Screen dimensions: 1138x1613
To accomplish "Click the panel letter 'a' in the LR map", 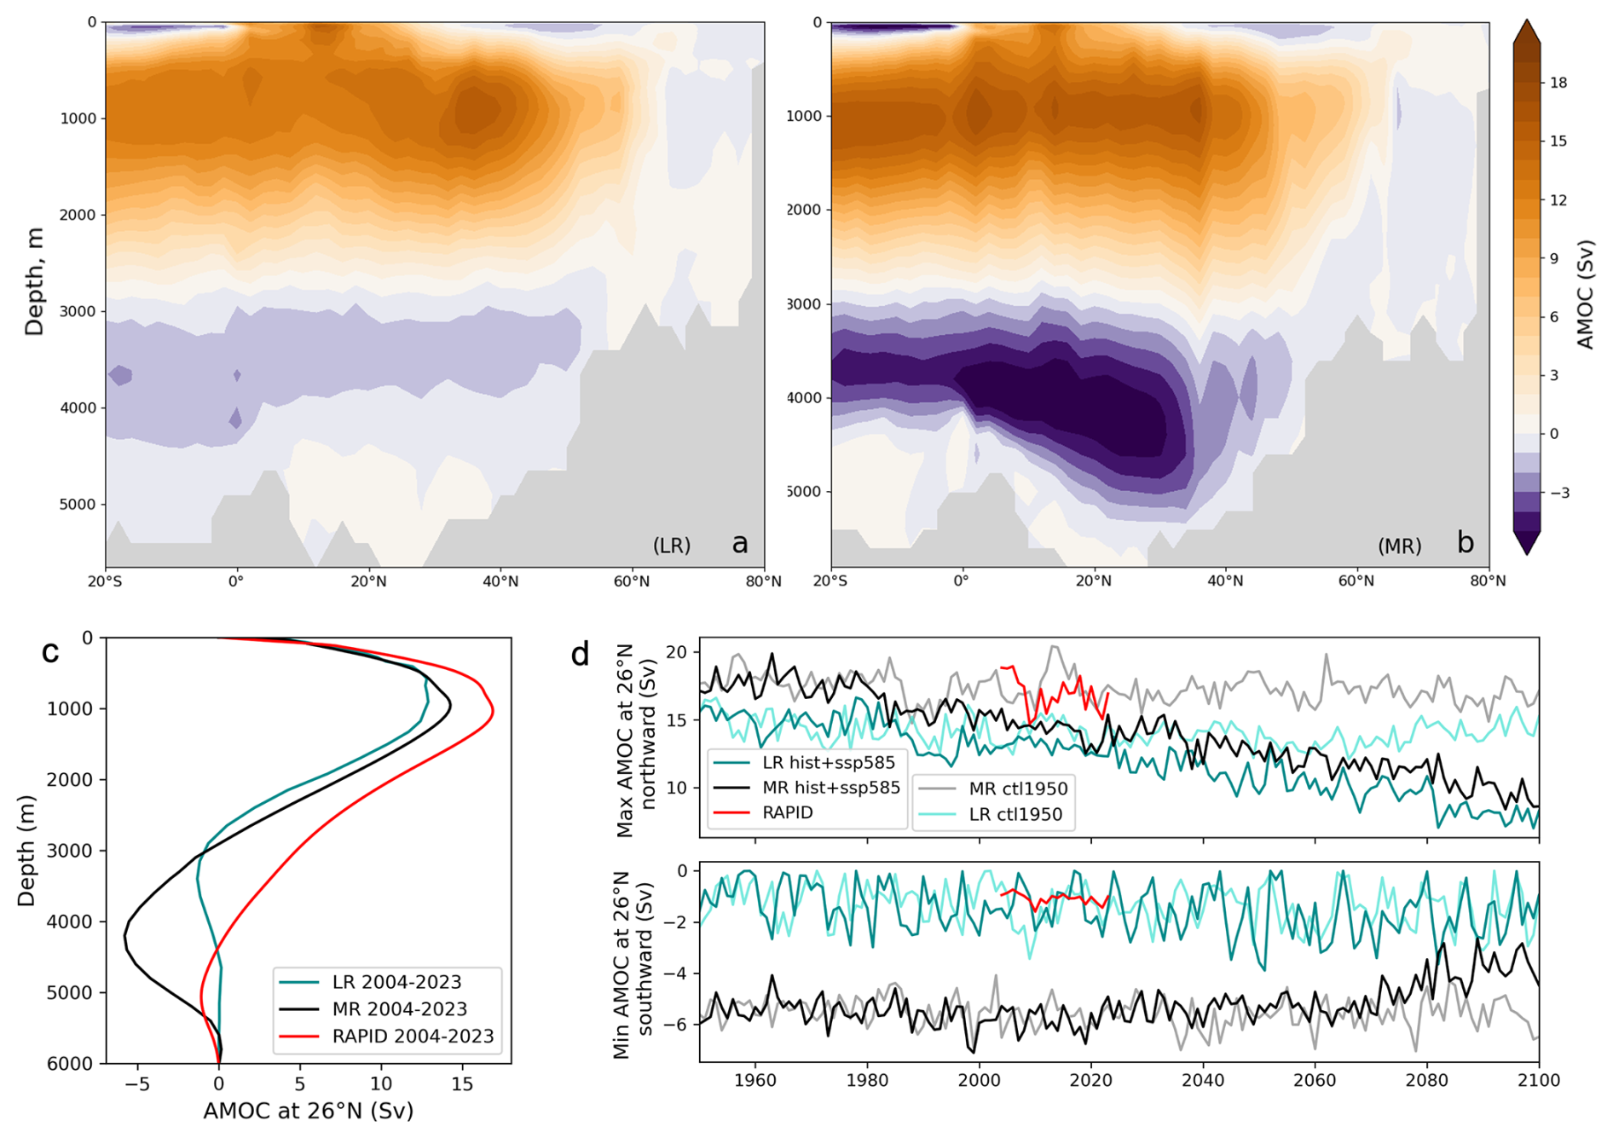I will coord(739,543).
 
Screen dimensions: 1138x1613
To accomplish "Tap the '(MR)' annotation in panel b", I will coord(1399,546).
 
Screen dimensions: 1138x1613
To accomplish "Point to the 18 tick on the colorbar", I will coord(1558,83).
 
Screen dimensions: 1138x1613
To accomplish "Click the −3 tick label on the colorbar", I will coord(1558,493).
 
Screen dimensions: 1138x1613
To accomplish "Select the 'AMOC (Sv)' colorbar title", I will coord(1585,295).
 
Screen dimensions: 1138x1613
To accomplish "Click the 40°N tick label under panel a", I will coord(500,581).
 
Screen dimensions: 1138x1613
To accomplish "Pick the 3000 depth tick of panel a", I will coord(78,311).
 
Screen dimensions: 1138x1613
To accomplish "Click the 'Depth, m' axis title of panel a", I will coord(34,281).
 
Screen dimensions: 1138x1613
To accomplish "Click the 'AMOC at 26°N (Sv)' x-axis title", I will coord(308,1111).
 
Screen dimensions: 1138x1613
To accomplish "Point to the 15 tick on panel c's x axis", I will coord(462,1083).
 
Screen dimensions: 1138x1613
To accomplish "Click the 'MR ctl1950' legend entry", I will coord(1018,789).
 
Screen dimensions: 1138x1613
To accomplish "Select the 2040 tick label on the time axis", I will coord(1203,1080).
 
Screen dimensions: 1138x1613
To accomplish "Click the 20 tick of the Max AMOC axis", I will coord(677,652).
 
